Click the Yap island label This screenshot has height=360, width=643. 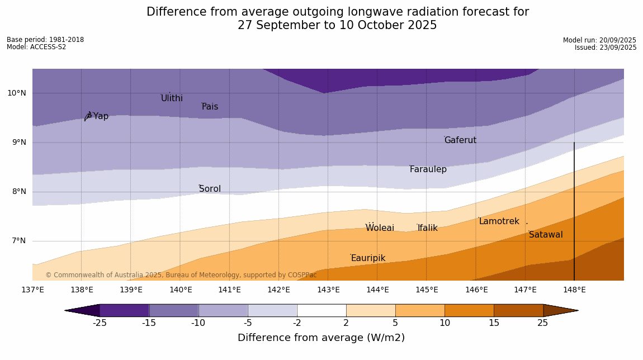click(101, 116)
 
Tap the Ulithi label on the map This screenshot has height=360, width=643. click(172, 98)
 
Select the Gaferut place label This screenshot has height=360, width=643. click(460, 140)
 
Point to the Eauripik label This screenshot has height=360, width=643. click(368, 258)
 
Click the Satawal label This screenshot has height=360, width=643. click(546, 235)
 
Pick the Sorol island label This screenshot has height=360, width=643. click(210, 189)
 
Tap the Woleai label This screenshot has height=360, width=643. click(380, 228)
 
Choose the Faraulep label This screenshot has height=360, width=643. click(428, 169)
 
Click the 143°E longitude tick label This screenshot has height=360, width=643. click(328, 290)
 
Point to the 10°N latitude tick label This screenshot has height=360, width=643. click(16, 93)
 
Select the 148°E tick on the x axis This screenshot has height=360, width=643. click(574, 290)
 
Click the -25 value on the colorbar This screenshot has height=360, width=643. click(100, 323)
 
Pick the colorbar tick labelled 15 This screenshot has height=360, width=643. click(494, 323)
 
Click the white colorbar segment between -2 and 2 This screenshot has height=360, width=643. click(321, 310)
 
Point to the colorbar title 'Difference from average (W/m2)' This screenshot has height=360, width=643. click(321, 338)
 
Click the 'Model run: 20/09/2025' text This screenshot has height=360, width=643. click(599, 40)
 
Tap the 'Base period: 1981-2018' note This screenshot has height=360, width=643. click(45, 40)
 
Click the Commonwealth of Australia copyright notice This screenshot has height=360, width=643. click(181, 275)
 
